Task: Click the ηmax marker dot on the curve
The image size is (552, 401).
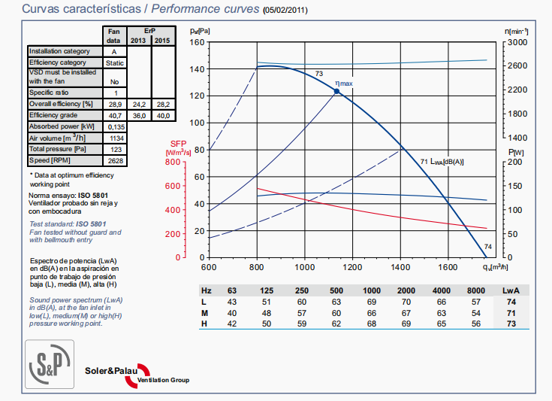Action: coord(336,91)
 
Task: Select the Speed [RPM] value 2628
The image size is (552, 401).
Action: coord(114,161)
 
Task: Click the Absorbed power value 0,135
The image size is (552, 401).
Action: coord(114,126)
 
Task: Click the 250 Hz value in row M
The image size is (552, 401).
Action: coord(302,312)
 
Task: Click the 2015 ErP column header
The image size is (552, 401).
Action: coord(162,41)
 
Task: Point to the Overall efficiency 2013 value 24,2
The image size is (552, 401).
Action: coord(139,103)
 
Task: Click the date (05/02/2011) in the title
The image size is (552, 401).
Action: coord(285,11)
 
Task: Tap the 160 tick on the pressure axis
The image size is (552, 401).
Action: coord(196,42)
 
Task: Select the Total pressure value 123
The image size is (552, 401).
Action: coord(114,150)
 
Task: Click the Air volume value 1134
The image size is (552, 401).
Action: coord(114,138)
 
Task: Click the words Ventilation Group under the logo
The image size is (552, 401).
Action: coord(164,380)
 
